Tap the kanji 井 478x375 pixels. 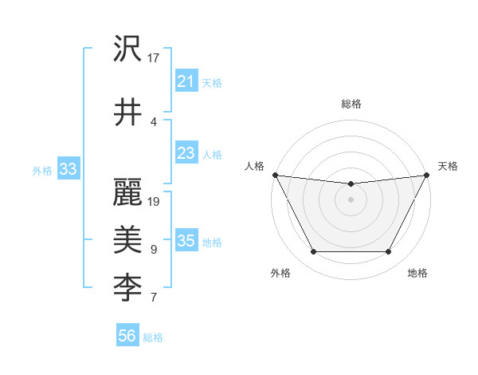point(127,111)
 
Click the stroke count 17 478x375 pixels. point(154,58)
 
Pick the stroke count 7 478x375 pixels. point(153,298)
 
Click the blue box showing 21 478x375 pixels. point(186,81)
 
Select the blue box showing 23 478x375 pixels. point(186,153)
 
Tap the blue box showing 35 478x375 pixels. point(186,241)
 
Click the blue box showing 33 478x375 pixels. point(68,168)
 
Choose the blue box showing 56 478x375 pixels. point(127,336)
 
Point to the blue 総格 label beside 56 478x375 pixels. point(153,337)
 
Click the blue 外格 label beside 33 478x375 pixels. point(42,170)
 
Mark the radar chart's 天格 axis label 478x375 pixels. point(448,166)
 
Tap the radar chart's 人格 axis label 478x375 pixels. point(254,166)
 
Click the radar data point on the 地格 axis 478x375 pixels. point(388,252)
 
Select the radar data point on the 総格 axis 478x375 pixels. point(351,184)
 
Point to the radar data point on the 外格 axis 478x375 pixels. point(313,252)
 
